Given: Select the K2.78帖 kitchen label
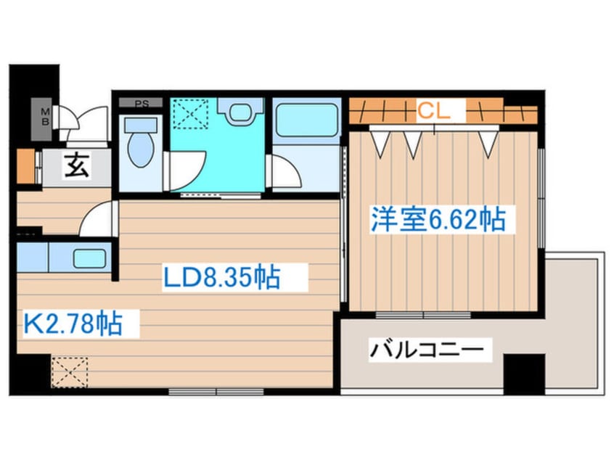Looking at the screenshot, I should (x=73, y=323).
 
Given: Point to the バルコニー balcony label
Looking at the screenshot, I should (x=426, y=351).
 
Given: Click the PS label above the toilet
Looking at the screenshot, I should (x=142, y=104).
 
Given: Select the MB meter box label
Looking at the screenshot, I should (x=45, y=116).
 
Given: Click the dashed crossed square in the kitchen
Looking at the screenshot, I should (x=70, y=371).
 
